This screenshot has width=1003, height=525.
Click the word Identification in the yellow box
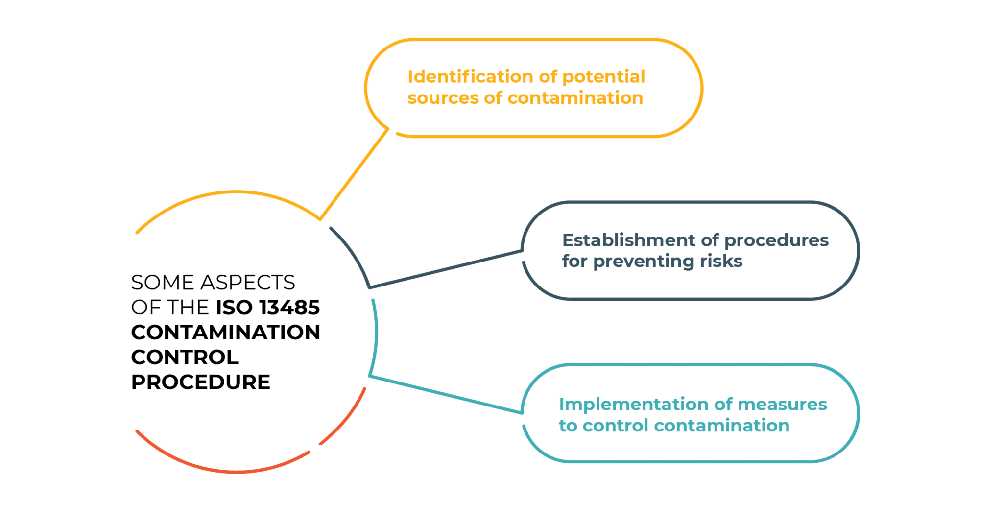coord(470,77)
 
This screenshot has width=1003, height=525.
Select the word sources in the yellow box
coord(443,98)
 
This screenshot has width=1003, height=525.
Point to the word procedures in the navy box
coord(776,241)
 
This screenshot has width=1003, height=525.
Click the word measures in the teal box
coord(782,405)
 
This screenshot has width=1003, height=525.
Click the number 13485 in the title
coord(289,308)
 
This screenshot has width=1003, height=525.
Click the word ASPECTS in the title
coord(247,283)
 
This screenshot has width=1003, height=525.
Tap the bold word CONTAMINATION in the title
coord(225,333)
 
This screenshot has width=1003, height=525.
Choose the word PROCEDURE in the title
coord(201,382)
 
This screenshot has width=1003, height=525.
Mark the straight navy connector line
coord(446,269)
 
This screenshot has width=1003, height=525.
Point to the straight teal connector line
coord(446,395)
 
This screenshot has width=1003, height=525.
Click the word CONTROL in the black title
coord(185,358)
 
